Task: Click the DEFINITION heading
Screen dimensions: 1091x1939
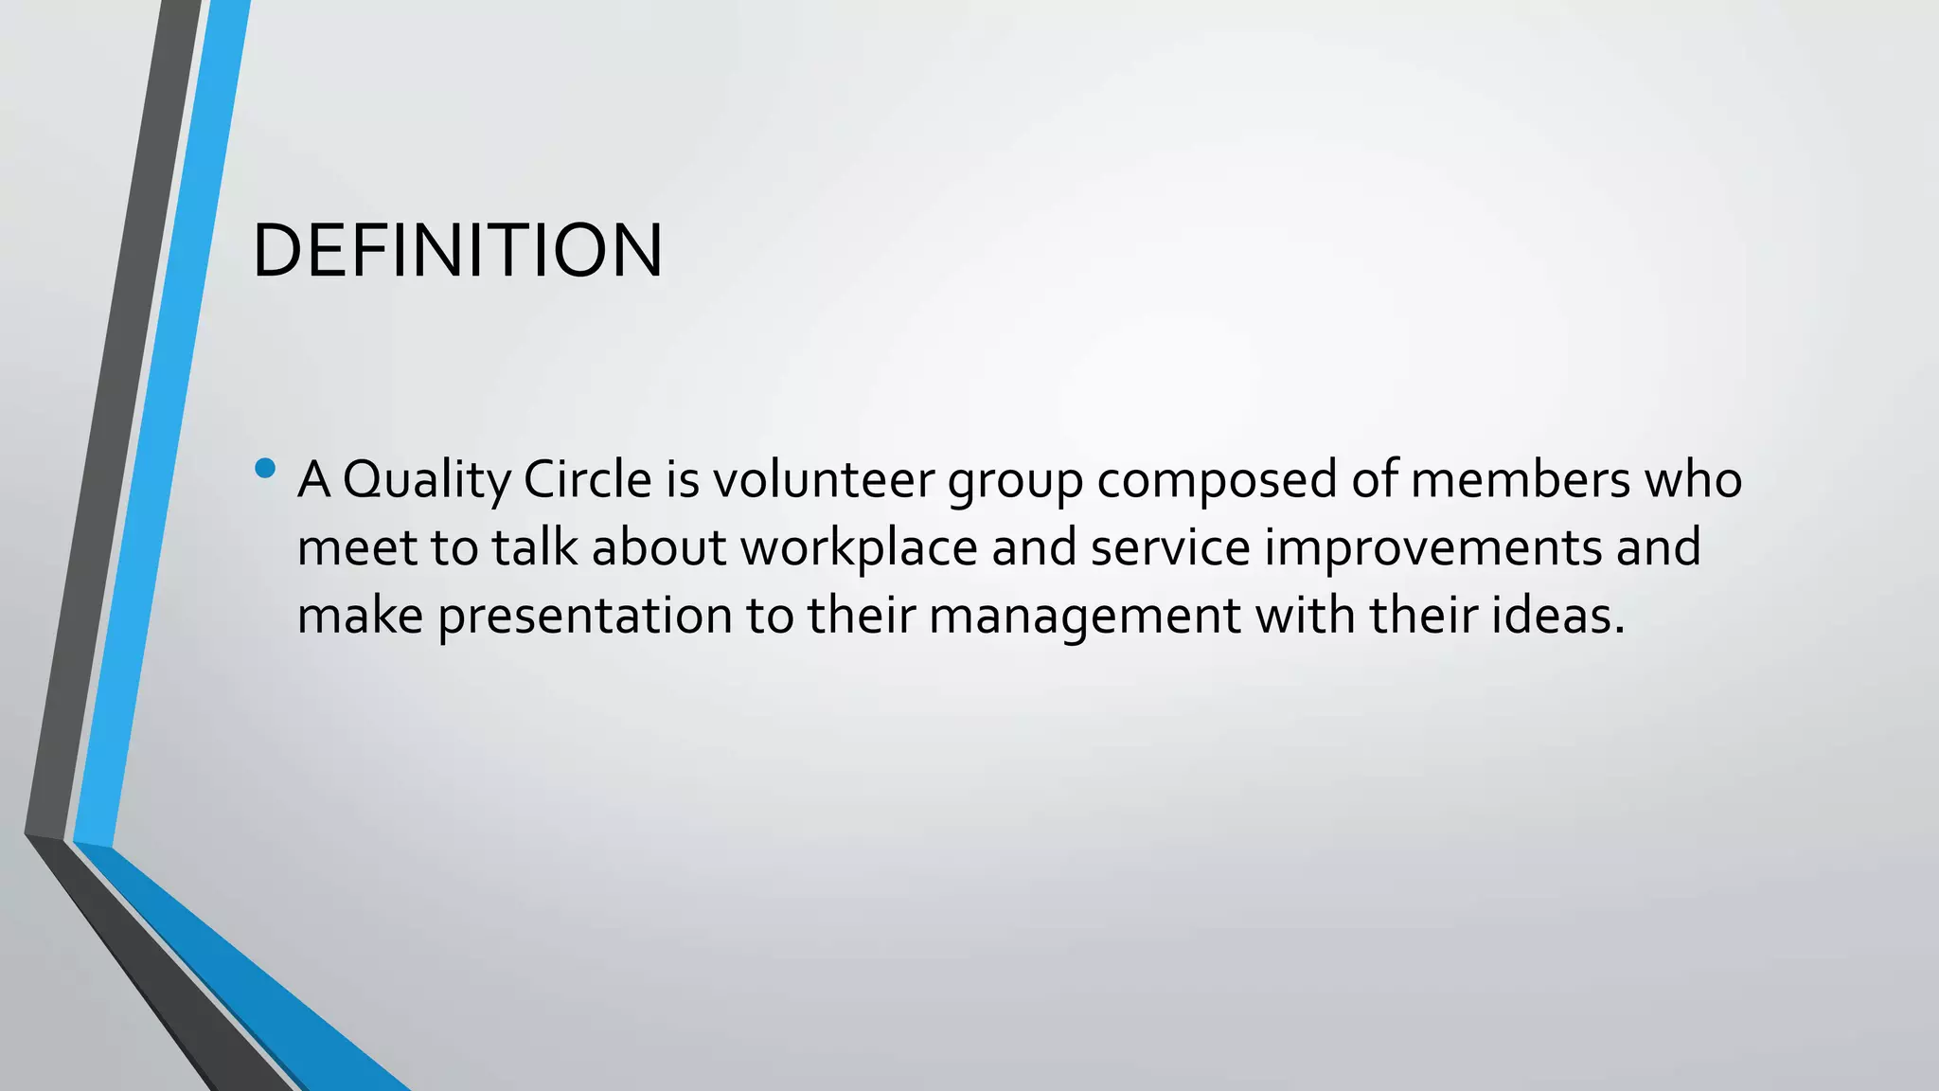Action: pyautogui.click(x=457, y=251)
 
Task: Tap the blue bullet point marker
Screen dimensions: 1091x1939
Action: pyautogui.click(x=265, y=468)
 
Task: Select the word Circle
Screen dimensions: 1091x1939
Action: pyautogui.click(x=587, y=479)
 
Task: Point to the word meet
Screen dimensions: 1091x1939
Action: pyautogui.click(x=356, y=547)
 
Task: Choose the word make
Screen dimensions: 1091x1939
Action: pyautogui.click(x=360, y=616)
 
